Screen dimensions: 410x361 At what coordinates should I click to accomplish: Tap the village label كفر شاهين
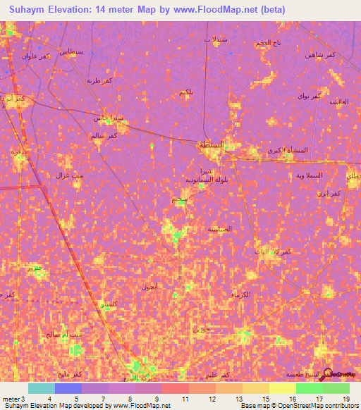click(320, 54)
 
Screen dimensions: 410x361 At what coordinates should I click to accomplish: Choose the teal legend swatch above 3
click(41, 388)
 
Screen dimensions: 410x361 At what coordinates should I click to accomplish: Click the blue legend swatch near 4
click(68, 388)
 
